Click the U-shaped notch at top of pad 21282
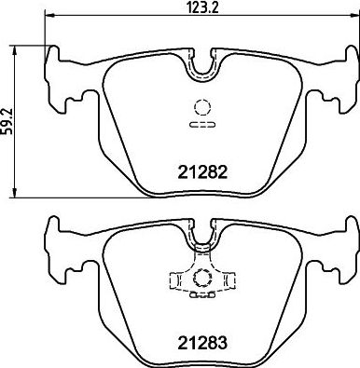[201, 66]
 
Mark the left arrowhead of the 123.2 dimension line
[48, 17]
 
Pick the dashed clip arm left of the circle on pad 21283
[177, 277]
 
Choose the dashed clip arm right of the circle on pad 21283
[226, 277]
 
